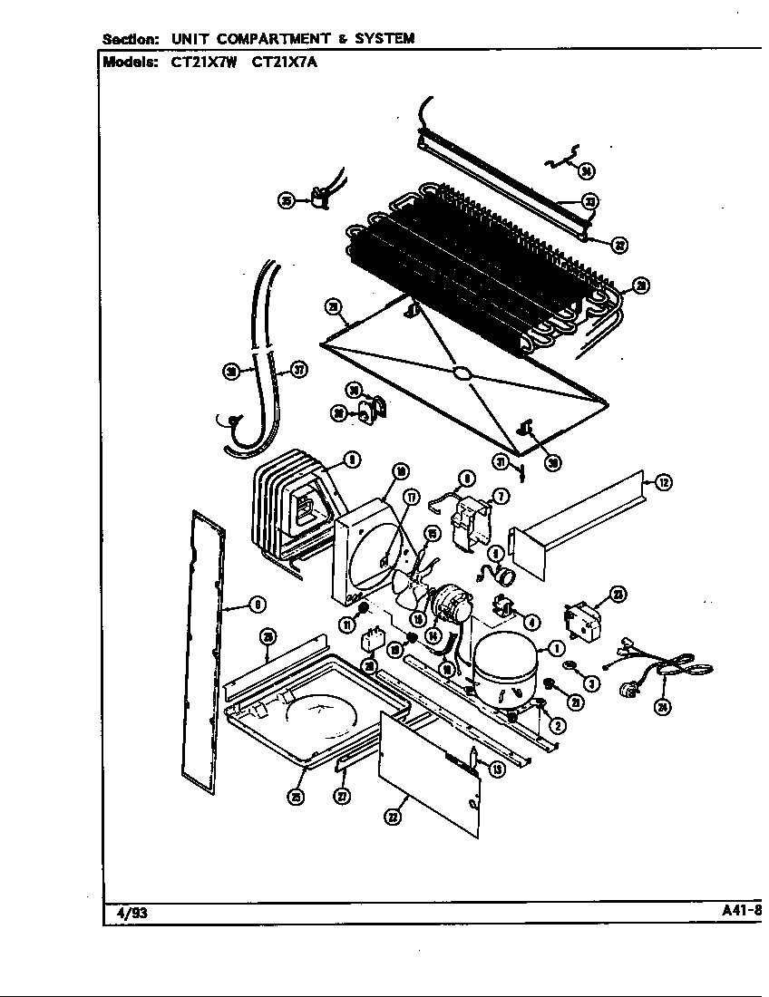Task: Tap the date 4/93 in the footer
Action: pyautogui.click(x=132, y=913)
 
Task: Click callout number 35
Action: pyautogui.click(x=286, y=200)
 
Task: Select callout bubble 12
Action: pyautogui.click(x=664, y=483)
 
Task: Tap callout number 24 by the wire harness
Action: pyautogui.click(x=663, y=708)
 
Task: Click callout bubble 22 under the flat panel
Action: pyautogui.click(x=392, y=817)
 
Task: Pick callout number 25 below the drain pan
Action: pyautogui.click(x=296, y=797)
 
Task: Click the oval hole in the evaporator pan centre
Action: pyautogui.click(x=461, y=373)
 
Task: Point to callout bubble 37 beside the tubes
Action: pyautogui.click(x=297, y=369)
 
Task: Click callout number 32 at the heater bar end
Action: pyautogui.click(x=619, y=244)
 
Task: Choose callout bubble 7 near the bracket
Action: pyautogui.click(x=501, y=495)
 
